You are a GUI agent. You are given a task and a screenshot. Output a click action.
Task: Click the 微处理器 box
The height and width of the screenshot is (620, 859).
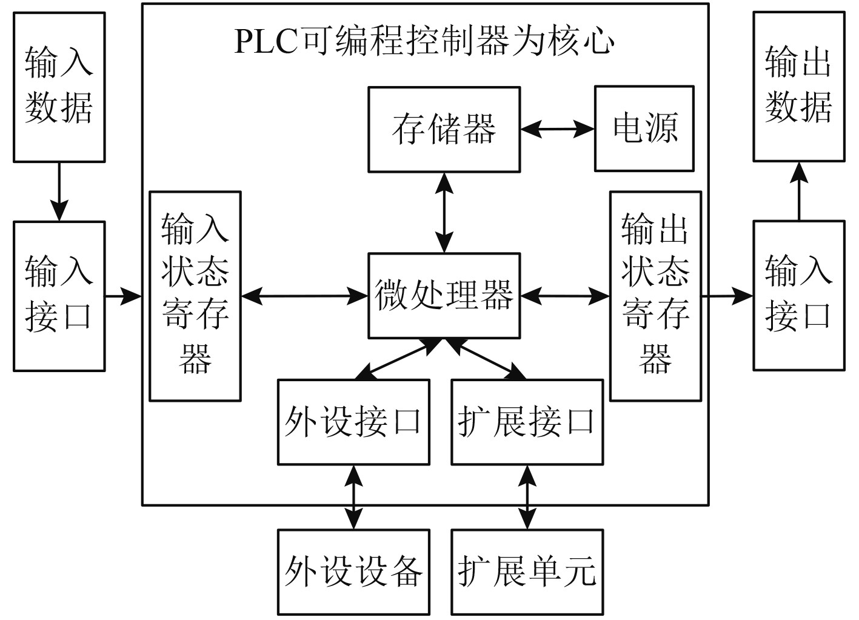444,296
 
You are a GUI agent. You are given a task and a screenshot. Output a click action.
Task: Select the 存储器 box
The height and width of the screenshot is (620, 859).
444,130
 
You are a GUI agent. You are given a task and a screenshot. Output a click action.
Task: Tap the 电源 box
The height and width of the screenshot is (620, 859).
644,128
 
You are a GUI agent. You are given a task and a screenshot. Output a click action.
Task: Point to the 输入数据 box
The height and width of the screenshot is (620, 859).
59,87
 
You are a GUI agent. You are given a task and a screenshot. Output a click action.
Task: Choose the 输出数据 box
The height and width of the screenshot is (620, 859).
799,86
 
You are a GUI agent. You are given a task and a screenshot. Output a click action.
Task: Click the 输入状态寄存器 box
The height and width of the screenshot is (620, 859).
195,296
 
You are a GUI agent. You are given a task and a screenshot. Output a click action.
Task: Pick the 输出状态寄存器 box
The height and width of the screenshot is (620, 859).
656,296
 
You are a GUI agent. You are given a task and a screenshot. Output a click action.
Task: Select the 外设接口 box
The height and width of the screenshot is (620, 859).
353,422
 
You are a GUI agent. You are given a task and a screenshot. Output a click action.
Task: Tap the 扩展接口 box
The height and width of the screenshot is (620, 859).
527,422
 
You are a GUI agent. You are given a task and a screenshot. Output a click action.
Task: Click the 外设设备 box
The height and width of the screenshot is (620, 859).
353,572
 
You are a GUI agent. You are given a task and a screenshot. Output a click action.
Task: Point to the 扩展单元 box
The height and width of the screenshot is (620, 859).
527,572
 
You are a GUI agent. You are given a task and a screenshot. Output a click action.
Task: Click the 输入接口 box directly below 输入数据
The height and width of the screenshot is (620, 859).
59,296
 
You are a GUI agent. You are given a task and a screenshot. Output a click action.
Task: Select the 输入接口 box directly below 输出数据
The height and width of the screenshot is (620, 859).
799,295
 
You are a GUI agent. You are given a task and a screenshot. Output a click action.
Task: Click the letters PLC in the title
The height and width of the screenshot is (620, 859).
266,41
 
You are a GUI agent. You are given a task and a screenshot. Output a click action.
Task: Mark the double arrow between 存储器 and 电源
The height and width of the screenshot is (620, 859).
558,129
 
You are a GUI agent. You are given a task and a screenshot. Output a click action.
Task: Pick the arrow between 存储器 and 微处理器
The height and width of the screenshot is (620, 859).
444,213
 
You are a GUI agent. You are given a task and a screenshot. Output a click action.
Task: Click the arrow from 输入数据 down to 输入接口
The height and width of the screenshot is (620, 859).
59,192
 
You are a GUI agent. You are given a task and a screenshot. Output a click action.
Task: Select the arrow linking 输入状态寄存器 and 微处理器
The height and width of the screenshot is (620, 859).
304,296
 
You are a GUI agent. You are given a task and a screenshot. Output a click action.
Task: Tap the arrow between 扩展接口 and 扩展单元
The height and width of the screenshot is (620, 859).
527,498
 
